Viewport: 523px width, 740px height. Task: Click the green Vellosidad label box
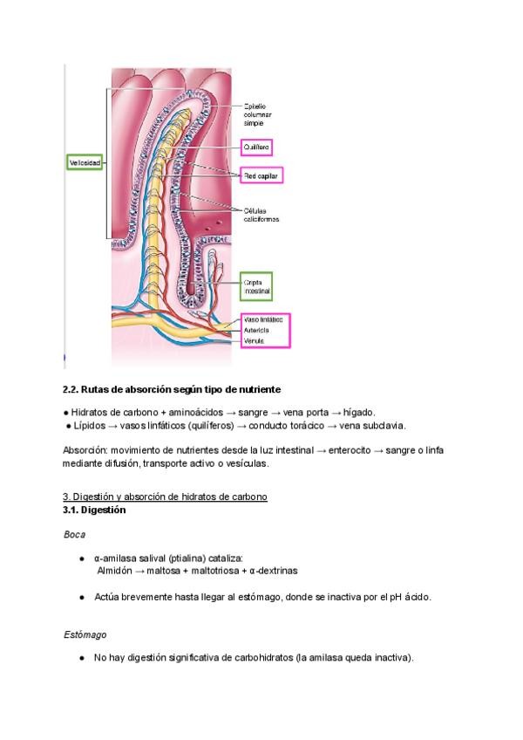(x=85, y=163)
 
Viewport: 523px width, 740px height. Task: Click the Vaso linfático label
(x=263, y=321)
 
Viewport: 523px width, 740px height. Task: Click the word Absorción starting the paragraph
(x=85, y=449)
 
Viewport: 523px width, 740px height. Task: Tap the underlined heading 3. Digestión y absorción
(x=165, y=497)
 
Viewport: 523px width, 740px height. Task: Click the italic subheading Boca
(x=74, y=533)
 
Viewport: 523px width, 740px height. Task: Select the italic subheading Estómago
(x=85, y=634)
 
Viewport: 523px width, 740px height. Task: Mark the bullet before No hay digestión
(x=81, y=658)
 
